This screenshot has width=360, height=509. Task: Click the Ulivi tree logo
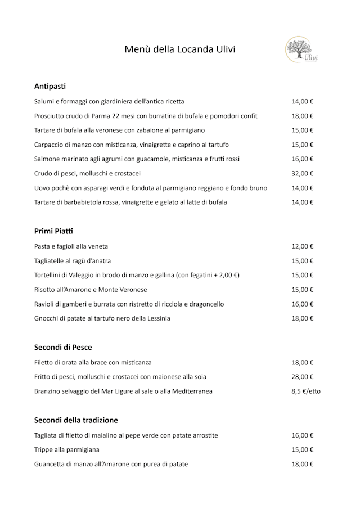(301, 49)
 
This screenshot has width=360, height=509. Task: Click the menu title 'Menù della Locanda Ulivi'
(179, 49)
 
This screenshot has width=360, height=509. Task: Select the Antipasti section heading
(50, 87)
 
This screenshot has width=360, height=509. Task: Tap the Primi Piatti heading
(54, 231)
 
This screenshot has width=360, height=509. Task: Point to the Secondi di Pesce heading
(63, 348)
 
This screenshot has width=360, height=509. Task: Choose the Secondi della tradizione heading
(76, 420)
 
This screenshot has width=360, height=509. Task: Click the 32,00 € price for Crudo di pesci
(302, 173)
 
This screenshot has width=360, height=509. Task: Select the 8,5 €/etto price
(306, 391)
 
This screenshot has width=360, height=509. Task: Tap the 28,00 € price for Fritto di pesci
(302, 377)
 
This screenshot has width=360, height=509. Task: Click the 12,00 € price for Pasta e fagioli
(302, 246)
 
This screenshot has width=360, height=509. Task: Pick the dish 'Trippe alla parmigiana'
(66, 449)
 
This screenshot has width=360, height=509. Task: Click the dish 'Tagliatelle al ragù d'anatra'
(73, 261)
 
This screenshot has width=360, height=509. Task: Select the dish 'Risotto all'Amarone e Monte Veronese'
(91, 290)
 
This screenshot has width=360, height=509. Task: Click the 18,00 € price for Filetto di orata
(302, 362)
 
